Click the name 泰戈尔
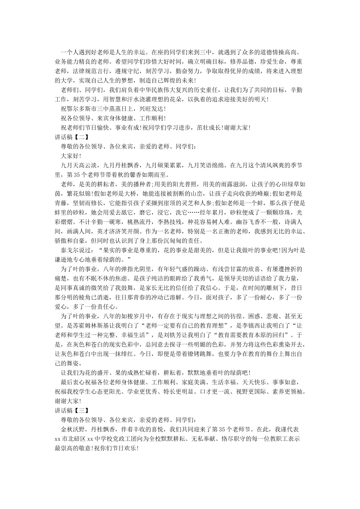pyautogui.click(x=70, y=250)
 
